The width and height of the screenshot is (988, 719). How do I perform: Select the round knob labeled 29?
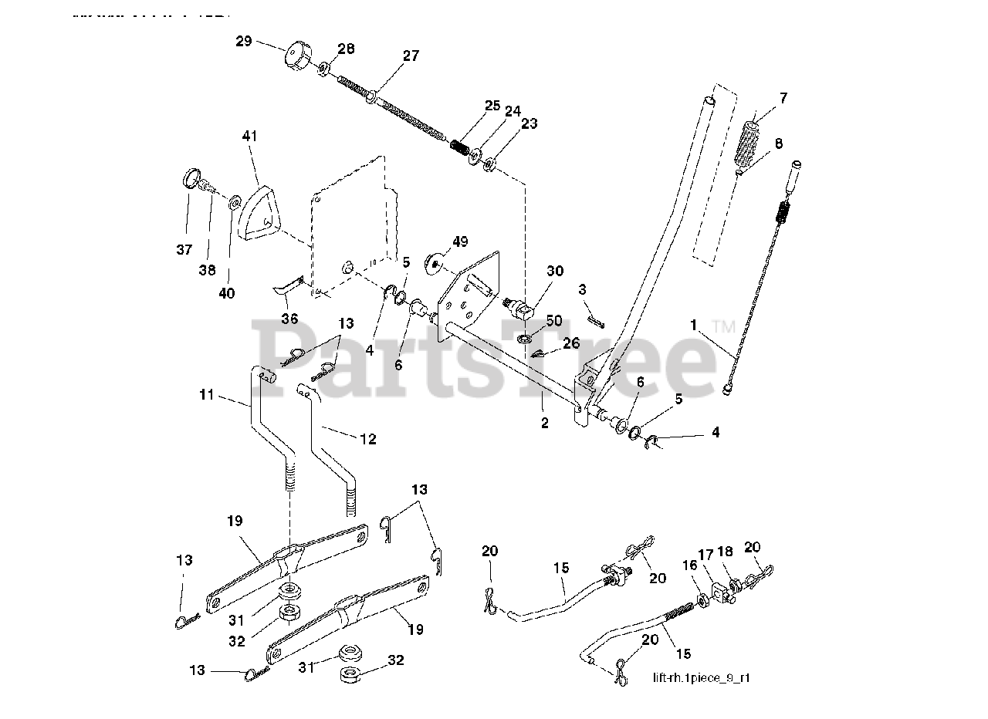coord(296,57)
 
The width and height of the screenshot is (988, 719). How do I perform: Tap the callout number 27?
coord(410,56)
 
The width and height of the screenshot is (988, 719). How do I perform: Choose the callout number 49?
coord(460,242)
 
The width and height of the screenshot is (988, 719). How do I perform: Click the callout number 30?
coord(555,272)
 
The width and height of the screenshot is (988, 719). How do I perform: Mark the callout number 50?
coord(554,320)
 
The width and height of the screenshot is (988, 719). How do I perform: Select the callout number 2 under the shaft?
coord(545,424)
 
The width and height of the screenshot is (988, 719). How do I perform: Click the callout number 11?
coord(205,396)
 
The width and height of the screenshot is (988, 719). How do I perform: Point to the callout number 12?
coord(367,439)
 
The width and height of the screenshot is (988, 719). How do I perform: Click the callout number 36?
coord(290,318)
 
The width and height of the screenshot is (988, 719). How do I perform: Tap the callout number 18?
coord(726,554)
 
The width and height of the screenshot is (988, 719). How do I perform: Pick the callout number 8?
coord(778,143)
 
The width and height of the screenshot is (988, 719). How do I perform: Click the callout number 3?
coord(583,289)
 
